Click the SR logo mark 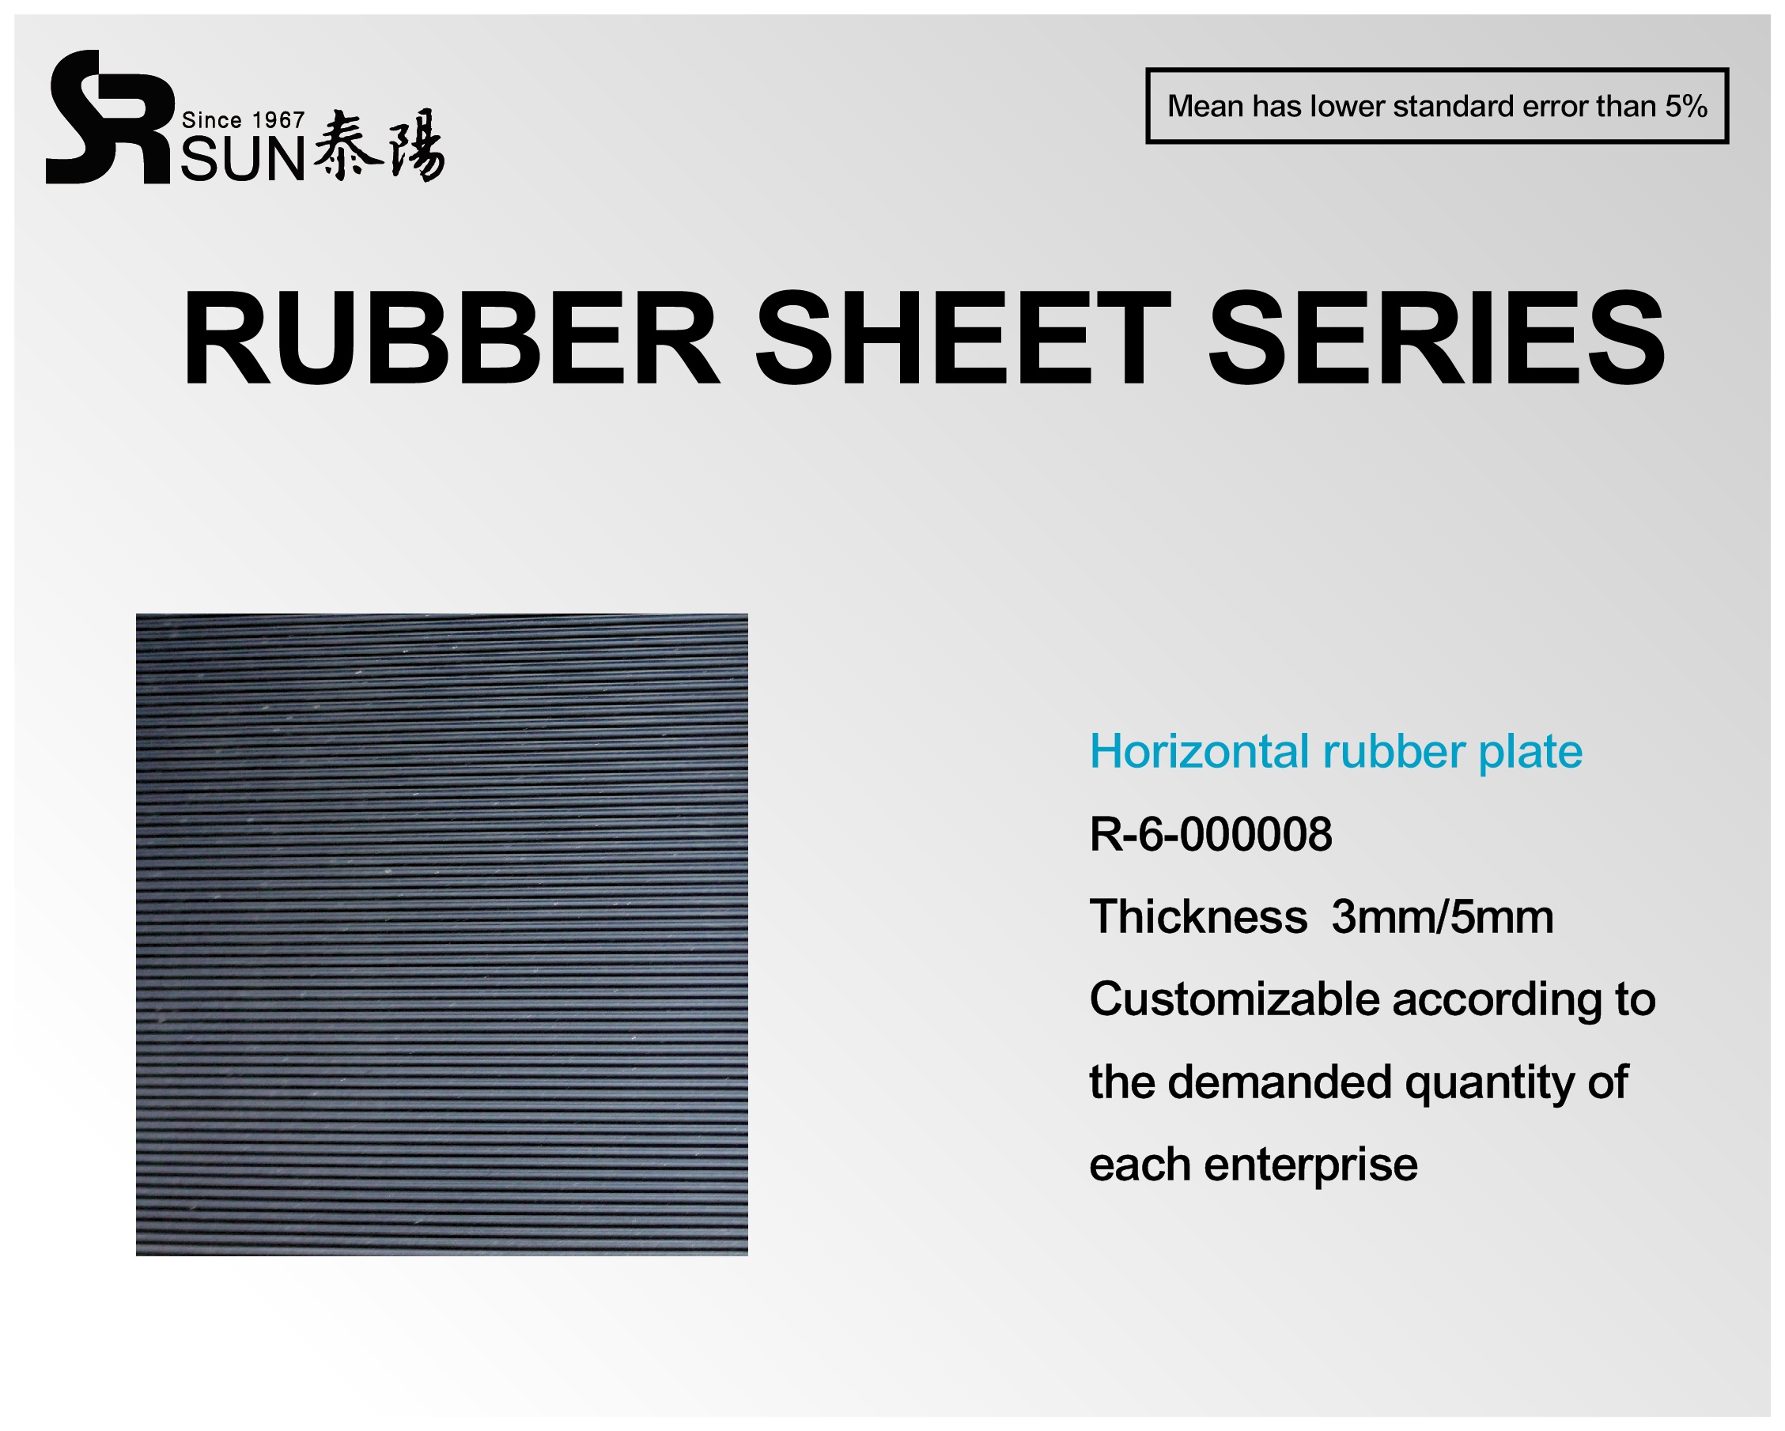108,118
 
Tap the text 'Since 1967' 244,121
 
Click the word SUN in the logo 244,160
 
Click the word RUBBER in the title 449,338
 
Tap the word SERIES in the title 1436,338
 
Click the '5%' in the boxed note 1685,107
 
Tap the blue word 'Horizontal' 1201,752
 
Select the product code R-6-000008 1210,833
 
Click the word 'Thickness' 1198,916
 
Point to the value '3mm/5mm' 1443,917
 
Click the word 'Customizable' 1234,999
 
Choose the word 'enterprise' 1310,1165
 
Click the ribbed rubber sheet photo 442,934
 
